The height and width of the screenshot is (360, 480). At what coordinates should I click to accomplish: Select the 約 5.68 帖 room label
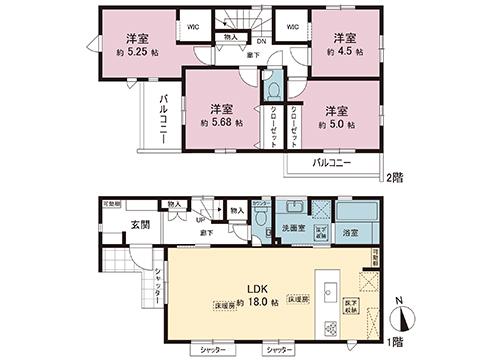pyautogui.click(x=221, y=116)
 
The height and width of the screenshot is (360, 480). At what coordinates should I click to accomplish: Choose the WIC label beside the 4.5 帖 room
pyautogui.click(x=294, y=27)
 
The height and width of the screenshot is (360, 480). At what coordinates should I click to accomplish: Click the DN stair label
pyautogui.click(x=261, y=41)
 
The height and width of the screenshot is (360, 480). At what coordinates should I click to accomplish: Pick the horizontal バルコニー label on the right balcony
pyautogui.click(x=332, y=161)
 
